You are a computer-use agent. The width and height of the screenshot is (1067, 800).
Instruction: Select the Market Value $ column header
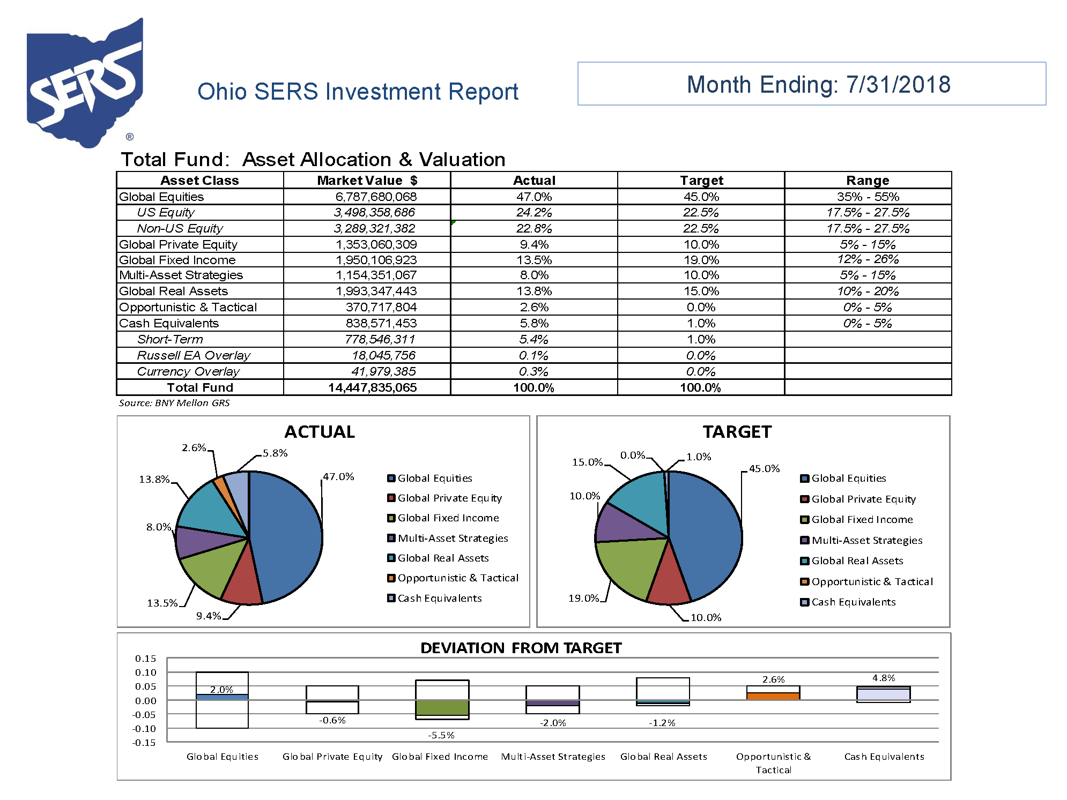(367, 181)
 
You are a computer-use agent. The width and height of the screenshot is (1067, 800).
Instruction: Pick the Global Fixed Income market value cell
(376, 260)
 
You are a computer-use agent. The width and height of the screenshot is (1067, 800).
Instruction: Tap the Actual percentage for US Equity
(533, 213)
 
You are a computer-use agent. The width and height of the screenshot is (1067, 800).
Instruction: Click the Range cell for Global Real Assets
(868, 291)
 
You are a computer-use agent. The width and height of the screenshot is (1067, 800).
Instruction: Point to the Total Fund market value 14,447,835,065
(372, 388)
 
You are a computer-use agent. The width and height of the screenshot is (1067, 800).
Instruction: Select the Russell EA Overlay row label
(194, 356)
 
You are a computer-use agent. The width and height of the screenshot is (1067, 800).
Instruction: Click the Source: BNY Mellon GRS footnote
(174, 403)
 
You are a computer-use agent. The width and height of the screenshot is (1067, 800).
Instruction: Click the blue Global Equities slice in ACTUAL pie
(287, 536)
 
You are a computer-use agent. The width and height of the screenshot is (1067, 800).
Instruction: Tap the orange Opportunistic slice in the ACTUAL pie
(219, 485)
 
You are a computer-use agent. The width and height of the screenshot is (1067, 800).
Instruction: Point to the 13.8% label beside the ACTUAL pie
(154, 480)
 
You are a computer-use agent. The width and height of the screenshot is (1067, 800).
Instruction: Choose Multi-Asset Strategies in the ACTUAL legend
(453, 539)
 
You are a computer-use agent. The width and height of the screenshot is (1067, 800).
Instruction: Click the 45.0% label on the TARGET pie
(764, 469)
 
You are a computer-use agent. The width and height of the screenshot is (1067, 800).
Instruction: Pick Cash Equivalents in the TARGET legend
(853, 602)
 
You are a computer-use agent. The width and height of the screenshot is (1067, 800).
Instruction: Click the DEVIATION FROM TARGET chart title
(521, 648)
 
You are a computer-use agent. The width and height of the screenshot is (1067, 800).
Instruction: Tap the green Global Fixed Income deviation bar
(442, 707)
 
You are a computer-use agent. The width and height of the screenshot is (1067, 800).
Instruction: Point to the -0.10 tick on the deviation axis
(144, 729)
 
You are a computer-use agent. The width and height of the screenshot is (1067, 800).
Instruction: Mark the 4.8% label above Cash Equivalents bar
(884, 678)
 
